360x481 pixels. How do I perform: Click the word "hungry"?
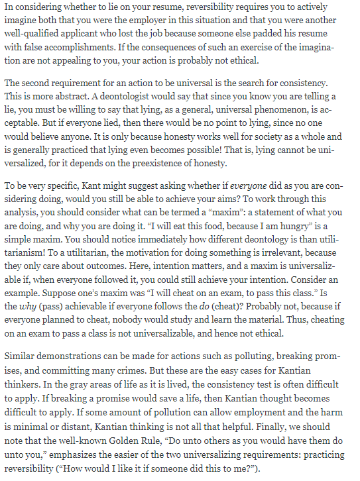285,234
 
